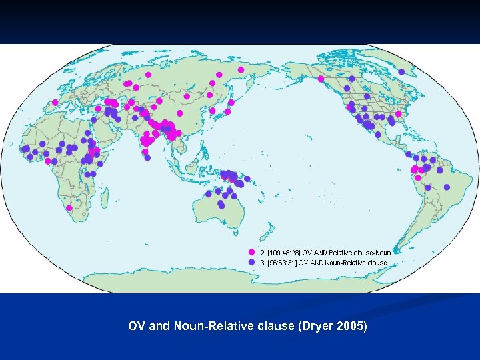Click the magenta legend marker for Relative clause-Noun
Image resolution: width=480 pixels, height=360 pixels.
(251, 253)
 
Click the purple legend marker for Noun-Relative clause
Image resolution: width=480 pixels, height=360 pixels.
(251, 263)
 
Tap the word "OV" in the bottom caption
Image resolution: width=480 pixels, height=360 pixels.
(137, 327)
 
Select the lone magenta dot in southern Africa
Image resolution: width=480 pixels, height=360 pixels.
(69, 207)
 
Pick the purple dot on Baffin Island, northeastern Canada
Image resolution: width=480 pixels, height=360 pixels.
(401, 71)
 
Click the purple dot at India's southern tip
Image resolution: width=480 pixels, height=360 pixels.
(147, 158)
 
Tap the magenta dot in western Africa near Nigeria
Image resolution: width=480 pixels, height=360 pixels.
(47, 161)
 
